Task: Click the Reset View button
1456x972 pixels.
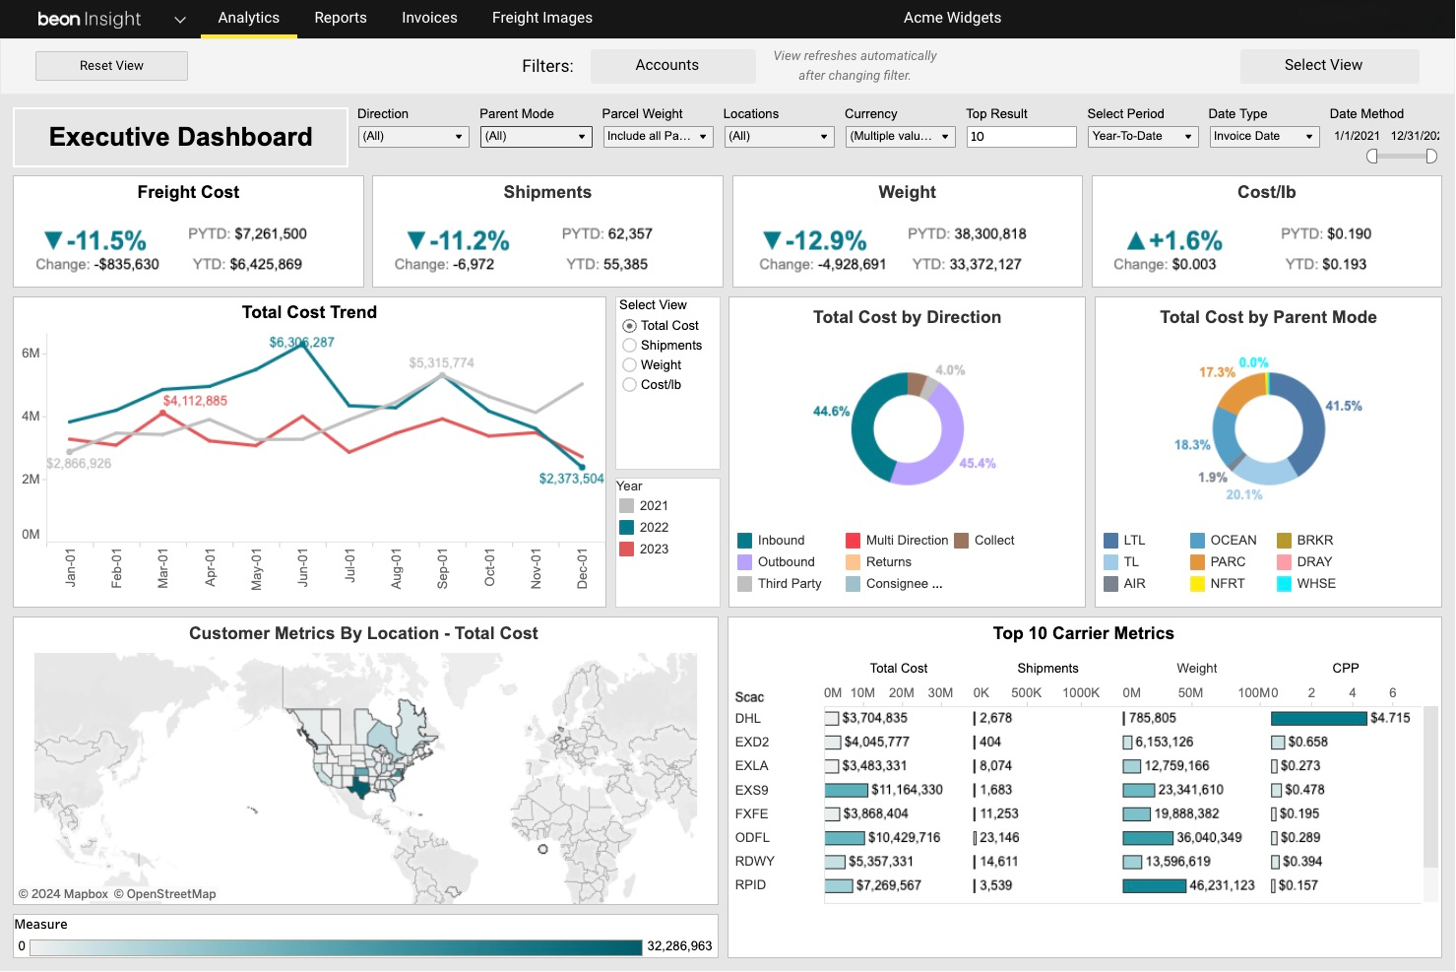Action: coord(111,66)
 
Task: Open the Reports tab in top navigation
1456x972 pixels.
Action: coord(340,18)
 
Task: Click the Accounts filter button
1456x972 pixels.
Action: coord(666,65)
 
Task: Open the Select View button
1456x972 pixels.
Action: coord(1322,65)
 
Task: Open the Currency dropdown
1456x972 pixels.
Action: coord(899,137)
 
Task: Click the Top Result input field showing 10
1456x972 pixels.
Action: coord(1020,137)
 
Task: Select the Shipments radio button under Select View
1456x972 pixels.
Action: coord(630,346)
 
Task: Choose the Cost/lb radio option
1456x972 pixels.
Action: coord(630,385)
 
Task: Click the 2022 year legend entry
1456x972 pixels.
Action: coord(653,528)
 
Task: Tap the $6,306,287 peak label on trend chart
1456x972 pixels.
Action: coord(301,343)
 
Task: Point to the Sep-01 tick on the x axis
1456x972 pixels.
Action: coord(443,568)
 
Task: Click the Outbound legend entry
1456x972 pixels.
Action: coord(786,562)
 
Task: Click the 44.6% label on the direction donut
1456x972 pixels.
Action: coord(831,412)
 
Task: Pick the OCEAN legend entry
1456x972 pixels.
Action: coord(1233,541)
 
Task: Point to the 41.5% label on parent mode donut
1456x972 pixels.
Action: coord(1343,406)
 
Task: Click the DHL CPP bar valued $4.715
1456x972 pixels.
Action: coord(1318,719)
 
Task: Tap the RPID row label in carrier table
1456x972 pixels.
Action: coord(750,885)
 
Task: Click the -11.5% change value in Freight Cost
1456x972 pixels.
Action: coord(105,240)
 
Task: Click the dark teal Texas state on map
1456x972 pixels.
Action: coord(361,788)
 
